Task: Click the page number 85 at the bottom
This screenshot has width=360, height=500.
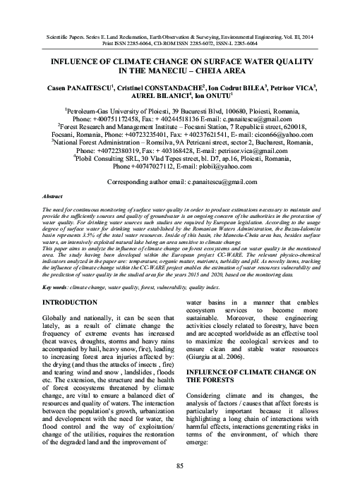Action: coord(180,466)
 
